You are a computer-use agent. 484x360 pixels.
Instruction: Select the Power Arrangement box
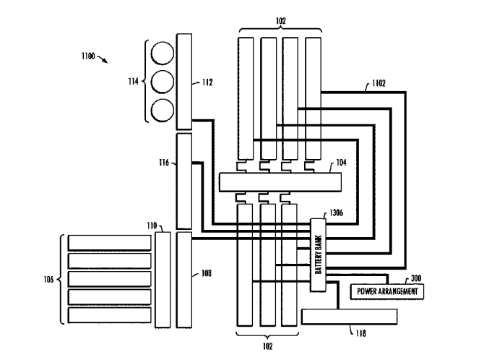pos(386,291)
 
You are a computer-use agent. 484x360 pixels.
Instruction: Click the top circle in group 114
pos(163,53)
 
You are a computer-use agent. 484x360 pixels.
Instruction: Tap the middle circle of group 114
pos(163,81)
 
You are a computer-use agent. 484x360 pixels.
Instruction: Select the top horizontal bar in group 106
pos(104,242)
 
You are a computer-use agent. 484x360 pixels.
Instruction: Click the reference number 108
pos(207,274)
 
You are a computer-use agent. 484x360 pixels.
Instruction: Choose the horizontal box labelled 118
pos(349,316)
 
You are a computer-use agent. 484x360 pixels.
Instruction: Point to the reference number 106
pos(48,278)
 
